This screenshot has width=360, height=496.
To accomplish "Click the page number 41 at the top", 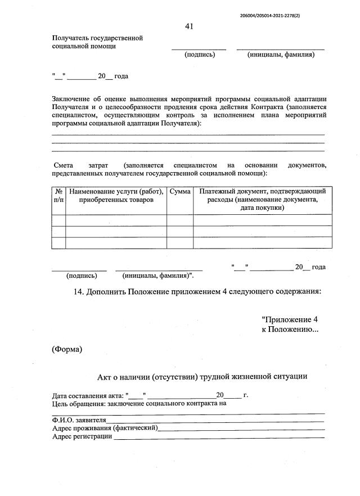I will pyautogui.click(x=189, y=26).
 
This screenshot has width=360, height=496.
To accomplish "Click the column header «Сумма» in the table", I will pyautogui.click(x=179, y=192).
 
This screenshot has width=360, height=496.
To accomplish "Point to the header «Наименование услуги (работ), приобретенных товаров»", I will pyautogui.click(x=116, y=196).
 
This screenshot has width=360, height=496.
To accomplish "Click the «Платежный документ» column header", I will pyautogui.click(x=262, y=192).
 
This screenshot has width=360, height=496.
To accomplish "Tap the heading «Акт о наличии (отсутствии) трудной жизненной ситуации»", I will pyautogui.click(x=202, y=376).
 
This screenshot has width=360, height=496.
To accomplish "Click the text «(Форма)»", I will pyautogui.click(x=67, y=349).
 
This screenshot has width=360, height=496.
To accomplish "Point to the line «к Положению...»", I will pyautogui.click(x=290, y=329).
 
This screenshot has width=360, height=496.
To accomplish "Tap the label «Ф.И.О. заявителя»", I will pyautogui.click(x=79, y=420).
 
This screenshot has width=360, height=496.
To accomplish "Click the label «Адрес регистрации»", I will pyautogui.click(x=82, y=437).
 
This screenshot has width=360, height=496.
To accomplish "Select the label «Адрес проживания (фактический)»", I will pyautogui.click(x=105, y=429).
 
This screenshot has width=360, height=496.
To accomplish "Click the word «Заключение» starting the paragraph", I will pyautogui.click(x=70, y=99).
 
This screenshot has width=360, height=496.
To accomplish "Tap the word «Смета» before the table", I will pyautogui.click(x=64, y=165).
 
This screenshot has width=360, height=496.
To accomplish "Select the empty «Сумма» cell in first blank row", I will pyautogui.click(x=179, y=220).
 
